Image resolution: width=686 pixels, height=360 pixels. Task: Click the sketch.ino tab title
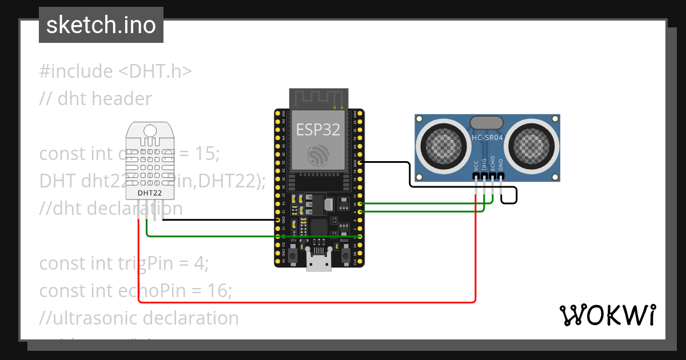pyautogui.click(x=101, y=25)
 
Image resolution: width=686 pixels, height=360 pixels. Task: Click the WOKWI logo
pyautogui.click(x=607, y=315)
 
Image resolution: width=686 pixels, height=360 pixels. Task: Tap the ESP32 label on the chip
pyautogui.click(x=318, y=130)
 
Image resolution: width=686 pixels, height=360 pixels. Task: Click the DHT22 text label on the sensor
pyautogui.click(x=149, y=193)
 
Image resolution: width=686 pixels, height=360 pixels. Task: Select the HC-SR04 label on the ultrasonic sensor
pyautogui.click(x=487, y=138)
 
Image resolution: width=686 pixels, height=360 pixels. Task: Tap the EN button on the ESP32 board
pyautogui.click(x=293, y=255)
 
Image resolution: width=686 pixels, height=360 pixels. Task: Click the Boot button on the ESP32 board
pyautogui.click(x=345, y=255)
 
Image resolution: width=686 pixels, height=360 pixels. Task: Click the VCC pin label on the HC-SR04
pyautogui.click(x=476, y=166)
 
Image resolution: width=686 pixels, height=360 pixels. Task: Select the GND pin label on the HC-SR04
pyautogui.click(x=501, y=166)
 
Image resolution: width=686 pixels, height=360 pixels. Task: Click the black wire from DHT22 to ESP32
pyautogui.click(x=217, y=219)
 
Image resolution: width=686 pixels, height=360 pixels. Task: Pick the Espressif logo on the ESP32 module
pyautogui.click(x=318, y=155)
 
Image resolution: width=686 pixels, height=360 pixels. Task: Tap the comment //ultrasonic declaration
pyautogui.click(x=139, y=318)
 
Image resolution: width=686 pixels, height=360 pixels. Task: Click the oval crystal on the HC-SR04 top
pyautogui.click(x=486, y=122)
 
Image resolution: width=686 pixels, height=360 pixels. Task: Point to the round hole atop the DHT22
pyautogui.click(x=150, y=131)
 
